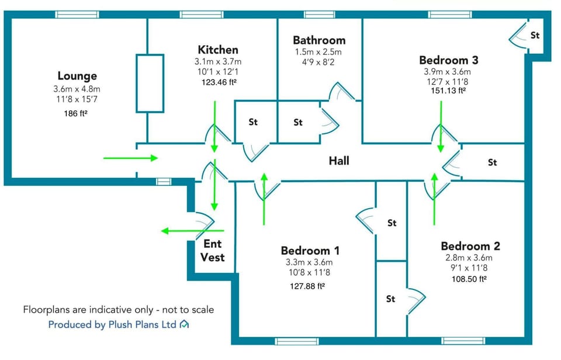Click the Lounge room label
tap(77, 76)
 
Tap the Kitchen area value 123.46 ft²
tap(218, 82)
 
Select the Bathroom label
tap(319, 40)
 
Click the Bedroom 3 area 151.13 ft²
tap(445, 91)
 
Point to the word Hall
tap(338, 160)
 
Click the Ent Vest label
tap(213, 251)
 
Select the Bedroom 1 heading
tap(310, 250)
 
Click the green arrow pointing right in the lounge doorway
tap(130, 158)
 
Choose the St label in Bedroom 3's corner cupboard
tap(535, 36)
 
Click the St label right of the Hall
tap(492, 162)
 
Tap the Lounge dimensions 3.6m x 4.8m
tap(77, 89)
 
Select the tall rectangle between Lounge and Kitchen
tap(150, 83)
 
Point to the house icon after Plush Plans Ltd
tap(184, 324)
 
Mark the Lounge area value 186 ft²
tap(75, 113)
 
